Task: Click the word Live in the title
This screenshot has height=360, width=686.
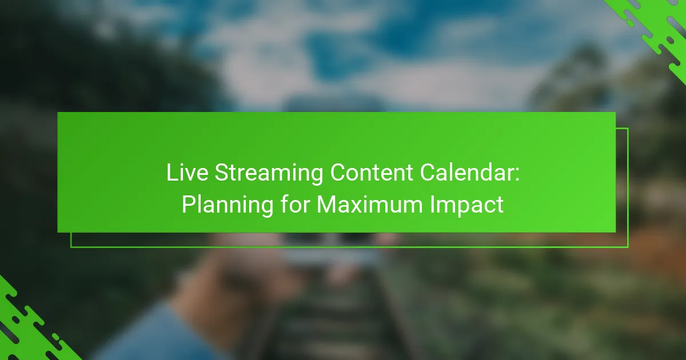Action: (187, 173)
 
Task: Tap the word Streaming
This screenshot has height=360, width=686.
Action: (269, 174)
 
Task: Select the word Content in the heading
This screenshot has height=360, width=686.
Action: (372, 173)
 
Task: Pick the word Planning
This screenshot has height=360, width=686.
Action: (228, 205)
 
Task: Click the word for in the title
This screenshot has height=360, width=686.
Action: (295, 204)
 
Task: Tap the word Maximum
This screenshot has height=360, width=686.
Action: (370, 205)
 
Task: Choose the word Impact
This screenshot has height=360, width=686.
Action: (466, 205)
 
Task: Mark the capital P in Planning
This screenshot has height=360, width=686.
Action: (189, 205)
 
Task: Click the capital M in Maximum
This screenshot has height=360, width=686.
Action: (326, 205)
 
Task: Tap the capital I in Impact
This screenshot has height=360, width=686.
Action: (432, 205)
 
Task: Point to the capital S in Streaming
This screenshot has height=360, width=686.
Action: (221, 173)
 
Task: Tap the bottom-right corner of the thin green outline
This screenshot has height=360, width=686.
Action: (628, 247)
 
